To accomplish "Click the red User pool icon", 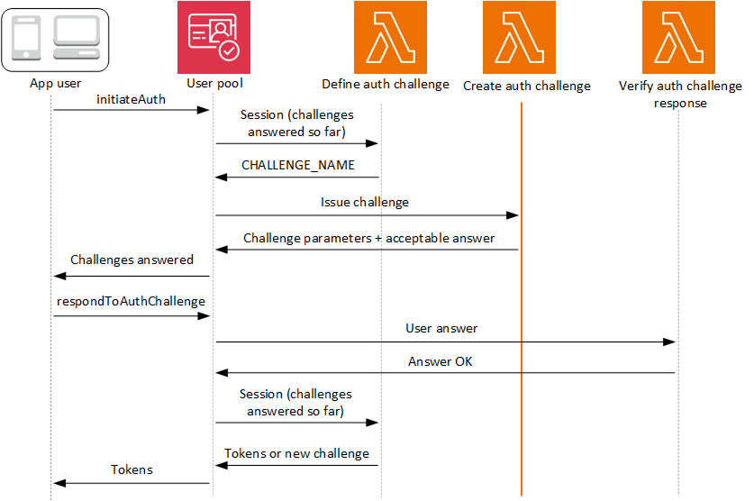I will [x=214, y=37].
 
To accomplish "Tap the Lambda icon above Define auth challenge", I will [x=384, y=37].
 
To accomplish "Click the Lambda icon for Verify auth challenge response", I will [x=678, y=37].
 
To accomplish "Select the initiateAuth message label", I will [x=131, y=99].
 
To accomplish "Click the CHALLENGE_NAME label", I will [x=298, y=166].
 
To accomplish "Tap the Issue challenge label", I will [x=365, y=202].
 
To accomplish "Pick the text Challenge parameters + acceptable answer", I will [x=369, y=239].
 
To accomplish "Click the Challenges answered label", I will [x=132, y=260].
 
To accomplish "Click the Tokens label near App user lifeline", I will [x=132, y=469].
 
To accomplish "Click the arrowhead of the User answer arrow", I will [x=670, y=342].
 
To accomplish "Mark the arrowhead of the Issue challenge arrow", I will [x=513, y=215].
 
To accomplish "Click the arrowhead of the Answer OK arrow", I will [x=221, y=373].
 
